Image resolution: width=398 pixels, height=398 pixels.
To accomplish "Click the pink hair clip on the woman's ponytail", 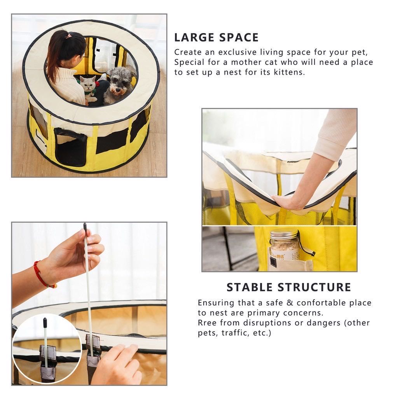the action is click(68, 36).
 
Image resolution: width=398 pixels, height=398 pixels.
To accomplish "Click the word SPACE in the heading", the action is click(239, 38).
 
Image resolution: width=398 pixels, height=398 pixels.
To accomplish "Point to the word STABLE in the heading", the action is click(250, 287).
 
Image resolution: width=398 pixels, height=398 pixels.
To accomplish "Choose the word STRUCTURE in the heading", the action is click(314, 287).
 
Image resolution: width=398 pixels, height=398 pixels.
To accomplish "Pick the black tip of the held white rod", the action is click(85, 226).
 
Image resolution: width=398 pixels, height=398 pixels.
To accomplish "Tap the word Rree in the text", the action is click(207, 323).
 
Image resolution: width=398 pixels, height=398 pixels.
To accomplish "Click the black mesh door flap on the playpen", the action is click(72, 150).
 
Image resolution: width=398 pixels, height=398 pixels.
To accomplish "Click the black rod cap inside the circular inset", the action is click(45, 323).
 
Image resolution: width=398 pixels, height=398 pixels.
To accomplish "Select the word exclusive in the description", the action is click(237, 52).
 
